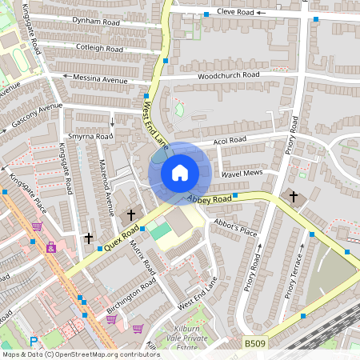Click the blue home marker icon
(x=180, y=172)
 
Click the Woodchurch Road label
(x=230, y=75)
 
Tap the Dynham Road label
(x=95, y=23)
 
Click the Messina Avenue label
(x=101, y=80)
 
